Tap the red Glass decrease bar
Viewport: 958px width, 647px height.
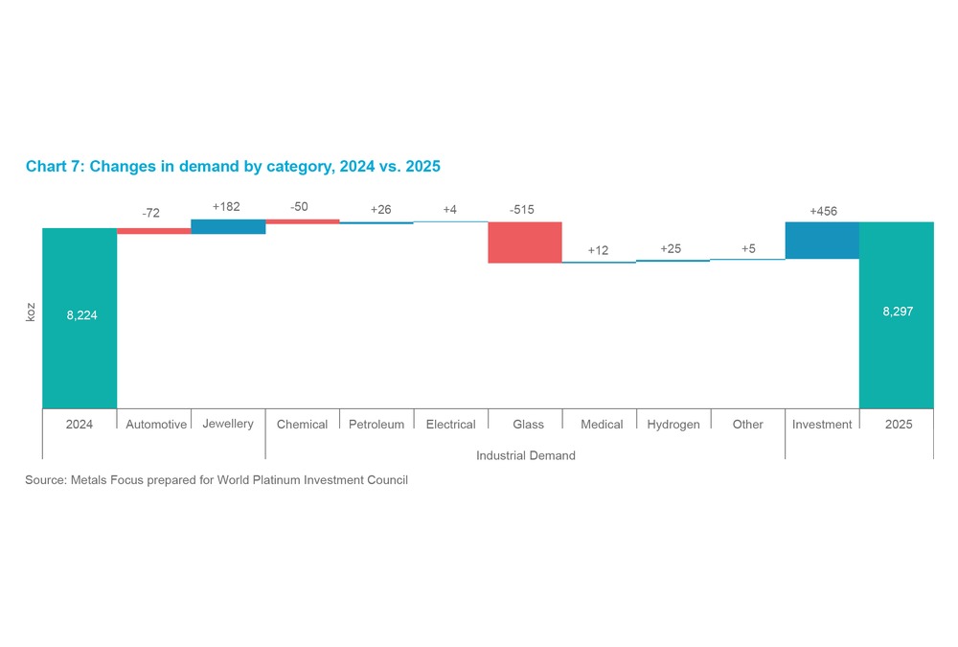coord(525,243)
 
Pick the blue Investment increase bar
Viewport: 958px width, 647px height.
coord(822,241)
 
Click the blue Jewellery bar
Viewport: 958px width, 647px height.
coord(228,227)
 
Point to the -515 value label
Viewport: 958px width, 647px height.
coord(522,210)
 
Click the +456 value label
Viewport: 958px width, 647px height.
coord(823,211)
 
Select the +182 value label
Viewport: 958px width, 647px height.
coord(226,206)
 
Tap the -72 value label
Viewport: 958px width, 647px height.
coord(151,213)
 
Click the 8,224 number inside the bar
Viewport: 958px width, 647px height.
coord(82,314)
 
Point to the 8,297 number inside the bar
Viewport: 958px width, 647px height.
coord(897,312)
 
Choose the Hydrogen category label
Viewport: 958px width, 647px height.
coord(673,425)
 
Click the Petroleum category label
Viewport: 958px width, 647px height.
coord(376,425)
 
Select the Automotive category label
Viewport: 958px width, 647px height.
coord(156,425)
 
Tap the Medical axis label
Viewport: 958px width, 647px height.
coord(602,425)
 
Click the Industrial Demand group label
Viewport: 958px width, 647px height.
coord(526,455)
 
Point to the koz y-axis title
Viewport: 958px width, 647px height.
coord(30,312)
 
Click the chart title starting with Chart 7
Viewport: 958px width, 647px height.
coord(233,167)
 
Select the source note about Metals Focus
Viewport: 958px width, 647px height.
coord(217,480)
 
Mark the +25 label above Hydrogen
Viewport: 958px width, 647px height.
coord(671,249)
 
